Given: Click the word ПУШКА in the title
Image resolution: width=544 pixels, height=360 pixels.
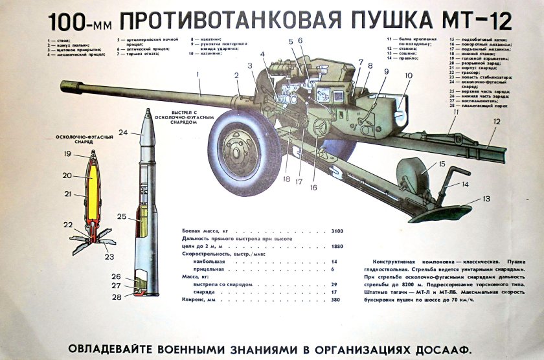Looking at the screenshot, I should tap(396, 21).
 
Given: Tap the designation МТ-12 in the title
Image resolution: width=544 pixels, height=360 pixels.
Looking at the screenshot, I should tap(479, 21).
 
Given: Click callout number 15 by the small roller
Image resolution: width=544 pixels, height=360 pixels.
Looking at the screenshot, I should tap(442, 164).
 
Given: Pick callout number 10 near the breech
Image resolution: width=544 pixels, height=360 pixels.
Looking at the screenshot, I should tap(408, 75).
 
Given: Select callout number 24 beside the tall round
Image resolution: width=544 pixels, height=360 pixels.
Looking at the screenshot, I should tap(123, 132).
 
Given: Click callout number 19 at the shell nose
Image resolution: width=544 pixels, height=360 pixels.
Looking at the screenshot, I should tap(67, 154).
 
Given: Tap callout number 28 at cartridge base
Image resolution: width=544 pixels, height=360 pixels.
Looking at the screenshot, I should tap(117, 297).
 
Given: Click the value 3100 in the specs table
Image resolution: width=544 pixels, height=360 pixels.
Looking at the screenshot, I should tap(336, 231).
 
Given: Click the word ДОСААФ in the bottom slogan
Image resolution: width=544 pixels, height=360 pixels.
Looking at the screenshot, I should tap(432, 348).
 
